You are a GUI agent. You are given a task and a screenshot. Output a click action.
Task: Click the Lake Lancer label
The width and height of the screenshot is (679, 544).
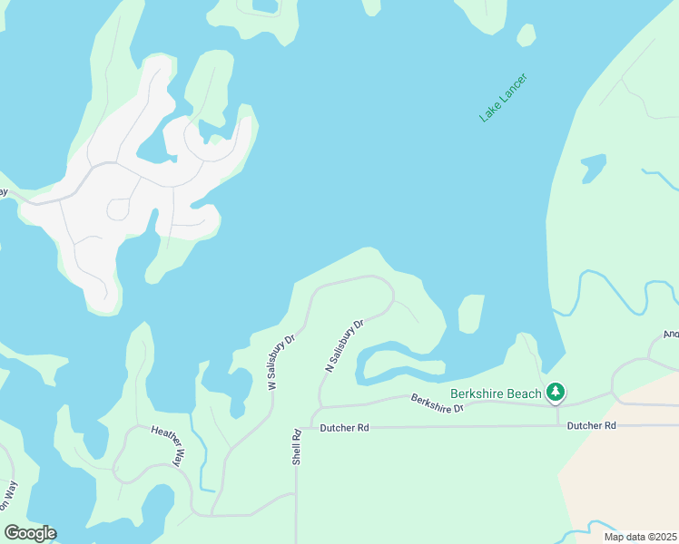pyautogui.click(x=503, y=98)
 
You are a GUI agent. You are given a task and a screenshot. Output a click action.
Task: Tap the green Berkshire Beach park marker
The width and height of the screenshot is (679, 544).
pyautogui.click(x=556, y=393)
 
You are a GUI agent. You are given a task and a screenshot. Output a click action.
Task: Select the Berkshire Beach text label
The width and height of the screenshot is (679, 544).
pyautogui.click(x=497, y=393)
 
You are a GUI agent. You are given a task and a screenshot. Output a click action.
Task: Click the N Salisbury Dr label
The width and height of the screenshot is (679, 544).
pyautogui.click(x=344, y=345)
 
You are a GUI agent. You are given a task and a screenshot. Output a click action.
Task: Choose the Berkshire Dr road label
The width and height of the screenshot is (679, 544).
pyautogui.click(x=437, y=403)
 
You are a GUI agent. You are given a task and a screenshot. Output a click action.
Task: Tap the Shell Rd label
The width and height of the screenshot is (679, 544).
pyautogui.click(x=296, y=447)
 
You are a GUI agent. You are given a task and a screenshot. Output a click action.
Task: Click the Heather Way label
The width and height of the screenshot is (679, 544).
pyautogui.click(x=168, y=444)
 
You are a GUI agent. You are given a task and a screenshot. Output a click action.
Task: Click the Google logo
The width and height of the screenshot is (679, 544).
pyautogui.click(x=30, y=533)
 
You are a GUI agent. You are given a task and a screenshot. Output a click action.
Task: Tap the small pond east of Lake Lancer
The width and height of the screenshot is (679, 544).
pyautogui.click(x=593, y=168)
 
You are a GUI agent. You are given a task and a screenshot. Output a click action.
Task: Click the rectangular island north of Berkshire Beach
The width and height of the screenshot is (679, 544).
pyautogui.click(x=470, y=314)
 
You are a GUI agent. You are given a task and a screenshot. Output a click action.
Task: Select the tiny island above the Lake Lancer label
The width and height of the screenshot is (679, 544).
pyautogui.click(x=526, y=34)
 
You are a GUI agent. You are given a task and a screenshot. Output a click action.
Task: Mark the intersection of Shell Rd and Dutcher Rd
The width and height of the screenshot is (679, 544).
pyautogui.click(x=297, y=427)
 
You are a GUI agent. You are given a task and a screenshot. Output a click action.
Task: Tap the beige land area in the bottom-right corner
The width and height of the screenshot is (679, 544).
pyautogui.click(x=626, y=471)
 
